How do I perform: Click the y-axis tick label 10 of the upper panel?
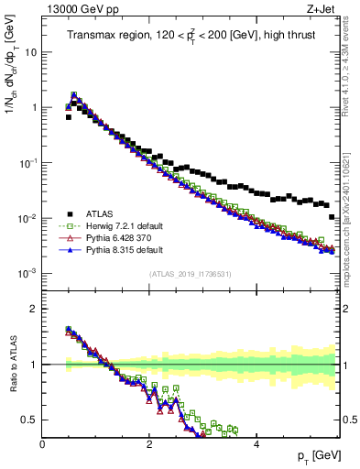pos(30,52)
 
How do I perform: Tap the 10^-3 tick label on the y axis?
pos(27,274)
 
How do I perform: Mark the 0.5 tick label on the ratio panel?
pos(31,420)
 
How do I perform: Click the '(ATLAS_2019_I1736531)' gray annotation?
pos(191,273)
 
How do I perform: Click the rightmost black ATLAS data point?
pos(332,217)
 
